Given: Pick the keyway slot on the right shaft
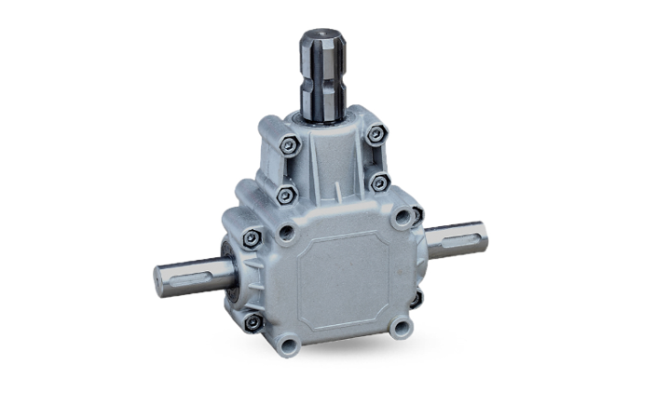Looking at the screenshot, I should pos(464,236).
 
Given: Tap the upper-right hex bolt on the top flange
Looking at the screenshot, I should pos(375,134).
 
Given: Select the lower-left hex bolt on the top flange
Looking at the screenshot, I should pos(288,195).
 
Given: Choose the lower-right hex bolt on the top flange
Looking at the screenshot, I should pos(378,183).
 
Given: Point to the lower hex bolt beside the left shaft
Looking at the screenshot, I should pos(253,321).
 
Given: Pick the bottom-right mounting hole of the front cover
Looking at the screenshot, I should pos(401,327).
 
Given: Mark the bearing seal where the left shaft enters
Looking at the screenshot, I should pos(226,270).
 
